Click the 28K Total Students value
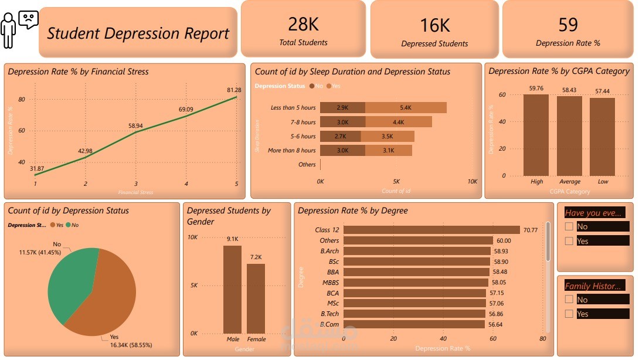[303, 24]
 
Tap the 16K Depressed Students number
[434, 25]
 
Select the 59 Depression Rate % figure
[567, 25]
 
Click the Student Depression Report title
[138, 33]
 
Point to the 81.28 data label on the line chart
[233, 90]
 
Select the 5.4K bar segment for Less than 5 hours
[406, 108]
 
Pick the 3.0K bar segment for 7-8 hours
[343, 122]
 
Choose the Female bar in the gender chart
[256, 298]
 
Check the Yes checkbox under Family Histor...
[568, 314]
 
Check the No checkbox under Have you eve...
[568, 226]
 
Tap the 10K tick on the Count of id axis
[472, 182]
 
